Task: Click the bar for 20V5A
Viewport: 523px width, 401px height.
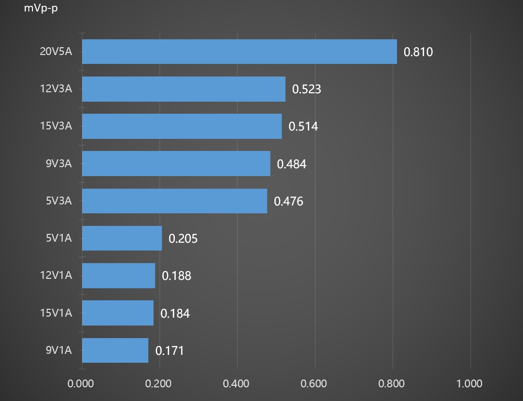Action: (x=239, y=51)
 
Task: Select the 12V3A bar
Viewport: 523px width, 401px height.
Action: (x=183, y=89)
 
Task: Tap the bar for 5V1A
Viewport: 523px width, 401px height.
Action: (x=121, y=239)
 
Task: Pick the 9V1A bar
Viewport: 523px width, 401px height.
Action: (x=115, y=350)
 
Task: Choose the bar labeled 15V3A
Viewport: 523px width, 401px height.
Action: (x=182, y=126)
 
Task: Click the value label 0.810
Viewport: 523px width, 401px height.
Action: (x=418, y=52)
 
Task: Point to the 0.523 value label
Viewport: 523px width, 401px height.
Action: (x=306, y=89)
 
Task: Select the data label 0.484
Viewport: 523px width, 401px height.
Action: (x=291, y=164)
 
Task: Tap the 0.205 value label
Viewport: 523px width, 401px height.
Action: (x=183, y=239)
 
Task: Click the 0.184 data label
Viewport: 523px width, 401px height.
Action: (x=175, y=313)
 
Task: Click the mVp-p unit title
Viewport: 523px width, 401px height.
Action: (x=41, y=9)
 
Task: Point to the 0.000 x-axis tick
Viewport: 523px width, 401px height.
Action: (x=81, y=384)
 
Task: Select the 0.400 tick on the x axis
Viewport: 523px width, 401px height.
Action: (x=236, y=384)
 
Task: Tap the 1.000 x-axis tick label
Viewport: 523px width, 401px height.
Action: (x=469, y=384)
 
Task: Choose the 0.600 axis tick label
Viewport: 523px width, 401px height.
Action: (x=314, y=384)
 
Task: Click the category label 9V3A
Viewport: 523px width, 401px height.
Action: (x=58, y=164)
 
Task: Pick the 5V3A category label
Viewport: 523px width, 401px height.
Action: (x=58, y=201)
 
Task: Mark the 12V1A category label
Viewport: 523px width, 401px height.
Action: (x=55, y=276)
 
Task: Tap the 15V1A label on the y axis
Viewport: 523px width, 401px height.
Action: (x=55, y=313)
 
